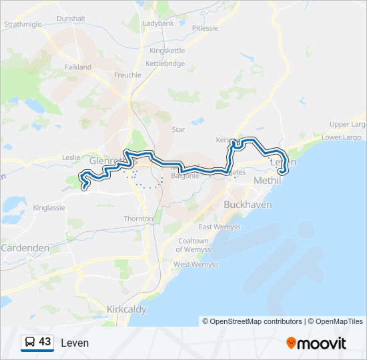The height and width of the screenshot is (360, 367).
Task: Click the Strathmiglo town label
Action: pyautogui.click(x=23, y=24)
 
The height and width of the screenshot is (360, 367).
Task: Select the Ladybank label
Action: pyautogui.click(x=158, y=23)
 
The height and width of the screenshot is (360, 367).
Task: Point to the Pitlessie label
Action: pyautogui.click(x=205, y=28)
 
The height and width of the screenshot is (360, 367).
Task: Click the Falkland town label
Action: pyautogui.click(x=77, y=67)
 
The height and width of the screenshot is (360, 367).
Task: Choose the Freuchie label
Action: pyautogui.click(x=127, y=75)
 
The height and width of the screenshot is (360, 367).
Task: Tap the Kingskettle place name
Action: pyautogui.click(x=167, y=51)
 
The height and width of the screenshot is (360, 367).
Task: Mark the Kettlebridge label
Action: pyautogui.click(x=165, y=63)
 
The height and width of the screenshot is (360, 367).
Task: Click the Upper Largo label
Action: pyautogui.click(x=348, y=125)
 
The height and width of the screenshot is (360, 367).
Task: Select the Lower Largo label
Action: pyautogui.click(x=342, y=137)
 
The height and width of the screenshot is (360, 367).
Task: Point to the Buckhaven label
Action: pyautogui.click(x=248, y=205)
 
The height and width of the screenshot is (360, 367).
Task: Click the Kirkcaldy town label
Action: pyautogui.click(x=127, y=309)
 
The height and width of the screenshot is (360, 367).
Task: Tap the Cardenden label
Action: pyautogui.click(x=25, y=247)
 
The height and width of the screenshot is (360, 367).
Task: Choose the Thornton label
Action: pyautogui.click(x=138, y=219)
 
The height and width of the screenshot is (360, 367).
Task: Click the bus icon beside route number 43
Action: pyautogui.click(x=29, y=343)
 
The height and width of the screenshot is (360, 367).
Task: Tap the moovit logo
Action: pyautogui.click(x=316, y=343)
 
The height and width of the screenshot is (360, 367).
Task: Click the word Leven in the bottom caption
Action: pyautogui.click(x=74, y=343)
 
